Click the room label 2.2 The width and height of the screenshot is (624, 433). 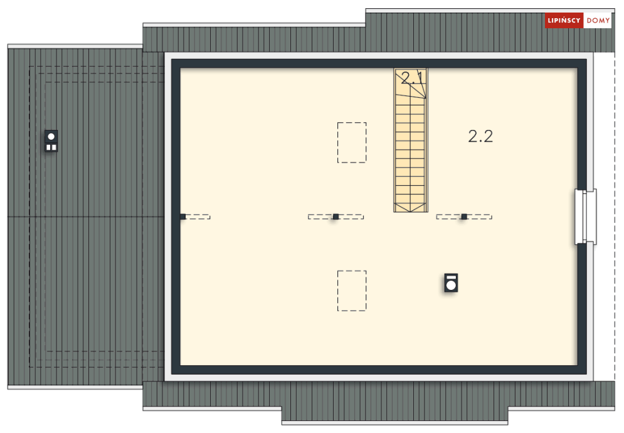[x=480, y=136]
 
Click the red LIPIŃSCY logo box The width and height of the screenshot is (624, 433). [x=564, y=21]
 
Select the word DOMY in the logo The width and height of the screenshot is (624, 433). [x=598, y=21]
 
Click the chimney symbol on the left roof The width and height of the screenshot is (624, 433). [x=51, y=141]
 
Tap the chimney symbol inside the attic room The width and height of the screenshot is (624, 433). [x=451, y=282]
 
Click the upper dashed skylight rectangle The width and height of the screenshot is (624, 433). [x=352, y=142]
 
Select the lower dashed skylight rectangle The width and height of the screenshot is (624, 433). [x=352, y=291]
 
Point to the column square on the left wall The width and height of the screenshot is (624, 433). [x=182, y=216]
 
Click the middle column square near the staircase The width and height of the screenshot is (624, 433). [x=336, y=216]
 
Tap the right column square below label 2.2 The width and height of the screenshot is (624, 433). [x=464, y=216]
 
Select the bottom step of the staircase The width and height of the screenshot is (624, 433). [x=411, y=208]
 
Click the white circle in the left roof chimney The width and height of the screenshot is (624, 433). [x=51, y=136]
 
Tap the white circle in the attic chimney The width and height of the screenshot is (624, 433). [x=451, y=286]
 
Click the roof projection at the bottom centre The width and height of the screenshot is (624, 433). [x=395, y=414]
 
